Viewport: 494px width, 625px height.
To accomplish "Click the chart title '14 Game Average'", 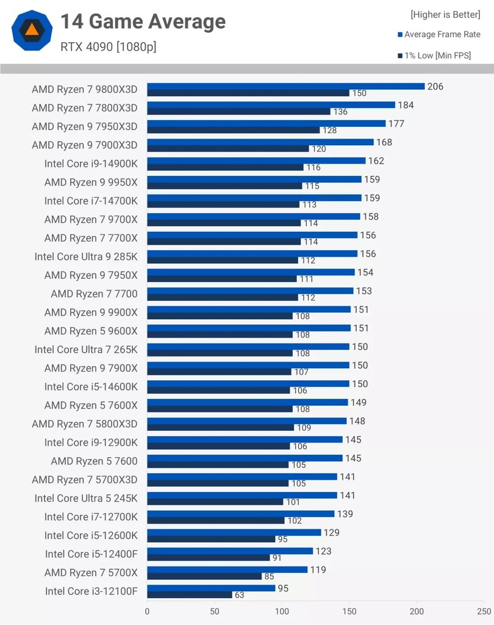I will [143, 22].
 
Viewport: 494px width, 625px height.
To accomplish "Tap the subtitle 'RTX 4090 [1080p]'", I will [108, 46].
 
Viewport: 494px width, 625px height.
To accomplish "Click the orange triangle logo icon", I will [32, 29].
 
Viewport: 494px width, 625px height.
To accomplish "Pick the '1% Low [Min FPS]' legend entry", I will [437, 56].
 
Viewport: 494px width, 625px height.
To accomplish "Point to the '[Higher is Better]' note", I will [445, 15].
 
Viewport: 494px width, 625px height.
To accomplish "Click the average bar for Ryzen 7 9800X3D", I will [285, 87].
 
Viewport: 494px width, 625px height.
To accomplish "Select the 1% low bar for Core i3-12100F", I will [190, 594].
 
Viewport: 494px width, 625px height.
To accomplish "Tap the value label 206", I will [435, 87].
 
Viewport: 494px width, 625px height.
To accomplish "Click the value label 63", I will [240, 595].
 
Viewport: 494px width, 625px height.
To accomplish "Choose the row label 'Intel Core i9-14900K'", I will [91, 164].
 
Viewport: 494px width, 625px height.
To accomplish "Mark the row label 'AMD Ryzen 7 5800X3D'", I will [85, 424].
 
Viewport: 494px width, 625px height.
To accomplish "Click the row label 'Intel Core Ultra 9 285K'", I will [86, 256].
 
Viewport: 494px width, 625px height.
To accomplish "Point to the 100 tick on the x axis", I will [282, 611].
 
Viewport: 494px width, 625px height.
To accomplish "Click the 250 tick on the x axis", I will [484, 611].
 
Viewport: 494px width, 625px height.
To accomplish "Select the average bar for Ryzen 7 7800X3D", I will [271, 105].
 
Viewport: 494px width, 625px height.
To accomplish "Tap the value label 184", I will [406, 105].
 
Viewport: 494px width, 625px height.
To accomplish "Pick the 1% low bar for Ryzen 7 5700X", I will [204, 576].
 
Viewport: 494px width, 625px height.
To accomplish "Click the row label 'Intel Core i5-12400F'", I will [91, 554].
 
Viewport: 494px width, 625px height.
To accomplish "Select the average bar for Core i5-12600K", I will [234, 532].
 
